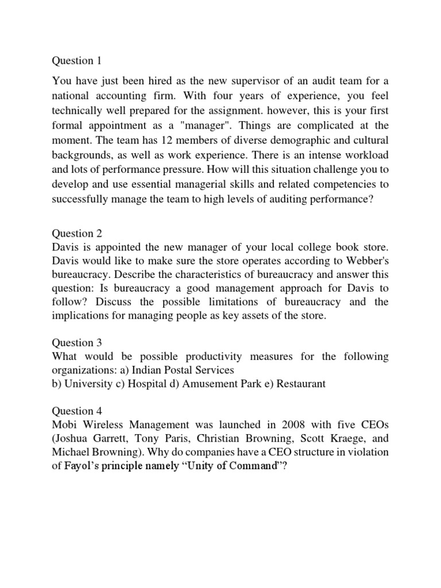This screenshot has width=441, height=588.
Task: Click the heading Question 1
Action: click(72, 60)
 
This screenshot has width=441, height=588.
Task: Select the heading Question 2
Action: click(72, 233)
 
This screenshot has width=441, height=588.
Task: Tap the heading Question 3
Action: click(72, 343)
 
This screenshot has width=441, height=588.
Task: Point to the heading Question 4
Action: click(72, 411)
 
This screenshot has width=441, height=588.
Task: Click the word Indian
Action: click(141, 370)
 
